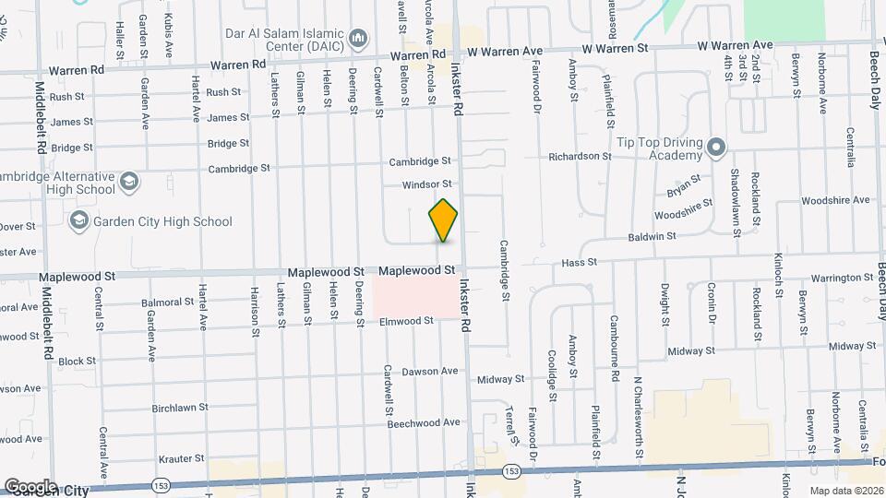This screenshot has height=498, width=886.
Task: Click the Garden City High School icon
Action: [79, 221]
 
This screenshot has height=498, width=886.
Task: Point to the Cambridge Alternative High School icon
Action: [129, 182]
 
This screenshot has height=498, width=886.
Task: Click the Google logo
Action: [30, 486]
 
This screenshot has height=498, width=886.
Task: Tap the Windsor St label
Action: [426, 184]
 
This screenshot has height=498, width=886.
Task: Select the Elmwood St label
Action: [406, 321]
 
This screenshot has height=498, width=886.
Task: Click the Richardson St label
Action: [580, 157]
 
